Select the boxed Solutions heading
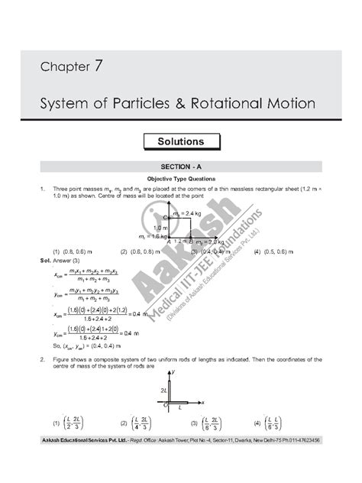pyautogui.click(x=180, y=141)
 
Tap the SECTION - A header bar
pyautogui.click(x=181, y=167)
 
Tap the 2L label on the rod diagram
pyautogui.click(x=163, y=389)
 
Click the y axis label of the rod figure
pyautogui.click(x=175, y=371)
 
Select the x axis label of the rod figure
pyautogui.click(x=203, y=401)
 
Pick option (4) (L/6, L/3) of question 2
pyautogui.click(x=267, y=423)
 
